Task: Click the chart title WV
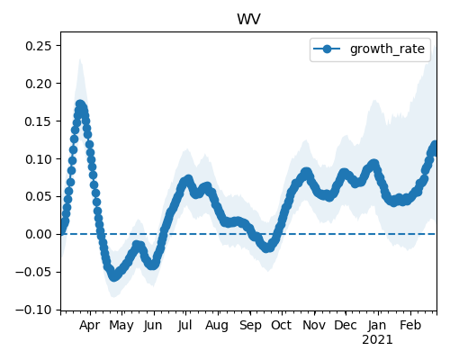coord(248,19)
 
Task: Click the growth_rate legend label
coord(387,49)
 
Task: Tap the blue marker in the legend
coord(327,49)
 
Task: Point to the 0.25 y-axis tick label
coord(38,46)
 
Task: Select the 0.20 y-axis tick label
coord(38,84)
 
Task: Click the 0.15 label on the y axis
coord(38,121)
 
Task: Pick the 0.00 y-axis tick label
coord(38,234)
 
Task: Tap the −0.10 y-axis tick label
coord(33,310)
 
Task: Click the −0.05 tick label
coord(33,272)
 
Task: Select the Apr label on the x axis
coord(90,326)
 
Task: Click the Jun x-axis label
coord(153,326)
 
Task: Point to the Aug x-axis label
coord(217,326)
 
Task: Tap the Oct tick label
coord(282,326)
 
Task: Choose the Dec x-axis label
coord(346,326)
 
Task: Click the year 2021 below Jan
coord(377,340)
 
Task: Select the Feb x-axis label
coord(410,326)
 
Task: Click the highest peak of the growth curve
coord(80,104)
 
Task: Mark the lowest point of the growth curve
coord(113,276)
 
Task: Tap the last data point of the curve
coord(435,145)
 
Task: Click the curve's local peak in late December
coord(373,164)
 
